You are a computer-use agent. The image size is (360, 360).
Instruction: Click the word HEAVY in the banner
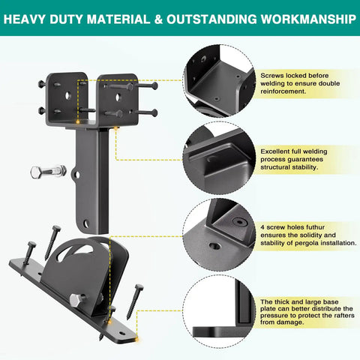(x=25, y=19)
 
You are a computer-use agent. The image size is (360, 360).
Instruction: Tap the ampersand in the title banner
(x=158, y=19)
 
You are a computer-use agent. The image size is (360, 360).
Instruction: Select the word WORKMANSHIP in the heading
(x=308, y=19)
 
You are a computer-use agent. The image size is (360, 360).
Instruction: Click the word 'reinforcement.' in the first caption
(x=283, y=91)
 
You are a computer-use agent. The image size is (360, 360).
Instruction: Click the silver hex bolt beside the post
(x=49, y=172)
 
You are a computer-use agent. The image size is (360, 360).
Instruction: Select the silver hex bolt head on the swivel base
(x=76, y=300)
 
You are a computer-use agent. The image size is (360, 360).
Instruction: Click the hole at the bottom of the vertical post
(x=86, y=223)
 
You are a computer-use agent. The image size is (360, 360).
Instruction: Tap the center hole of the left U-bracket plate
(x=67, y=95)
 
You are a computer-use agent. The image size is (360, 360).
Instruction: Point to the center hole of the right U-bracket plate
(x=118, y=97)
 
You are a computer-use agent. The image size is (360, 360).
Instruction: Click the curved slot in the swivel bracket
(x=75, y=250)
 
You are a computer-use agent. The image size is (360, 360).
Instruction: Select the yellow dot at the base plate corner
(x=136, y=339)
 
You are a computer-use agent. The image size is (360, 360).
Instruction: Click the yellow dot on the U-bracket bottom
(x=78, y=122)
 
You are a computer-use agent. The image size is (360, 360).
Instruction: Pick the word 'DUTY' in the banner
(x=66, y=19)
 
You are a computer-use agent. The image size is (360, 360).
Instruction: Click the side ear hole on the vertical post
(x=76, y=175)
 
